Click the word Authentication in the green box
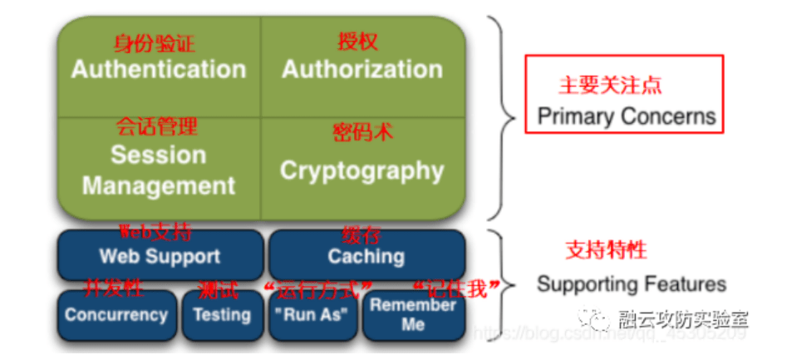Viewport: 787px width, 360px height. click(159, 69)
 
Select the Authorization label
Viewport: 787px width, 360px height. click(362, 69)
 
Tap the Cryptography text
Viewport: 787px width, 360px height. click(362, 170)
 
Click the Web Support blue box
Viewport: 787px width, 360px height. click(160, 256)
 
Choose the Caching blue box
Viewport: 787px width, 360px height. click(366, 256)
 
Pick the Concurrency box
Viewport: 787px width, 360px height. click(116, 315)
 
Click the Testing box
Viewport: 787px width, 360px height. click(222, 315)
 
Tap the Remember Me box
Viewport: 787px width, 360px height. click(413, 314)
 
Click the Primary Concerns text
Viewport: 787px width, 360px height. click(626, 116)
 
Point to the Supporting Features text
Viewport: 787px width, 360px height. click(631, 284)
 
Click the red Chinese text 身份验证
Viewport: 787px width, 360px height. click(155, 43)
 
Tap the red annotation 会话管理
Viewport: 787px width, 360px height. click(156, 126)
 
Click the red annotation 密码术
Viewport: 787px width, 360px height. click(362, 132)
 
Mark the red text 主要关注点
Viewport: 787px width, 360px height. click(610, 85)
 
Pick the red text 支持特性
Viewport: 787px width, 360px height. click(606, 249)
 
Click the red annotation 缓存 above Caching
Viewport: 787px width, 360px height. click(362, 234)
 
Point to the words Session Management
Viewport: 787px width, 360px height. click(158, 170)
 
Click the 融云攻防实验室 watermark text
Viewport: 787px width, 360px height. click(683, 319)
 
